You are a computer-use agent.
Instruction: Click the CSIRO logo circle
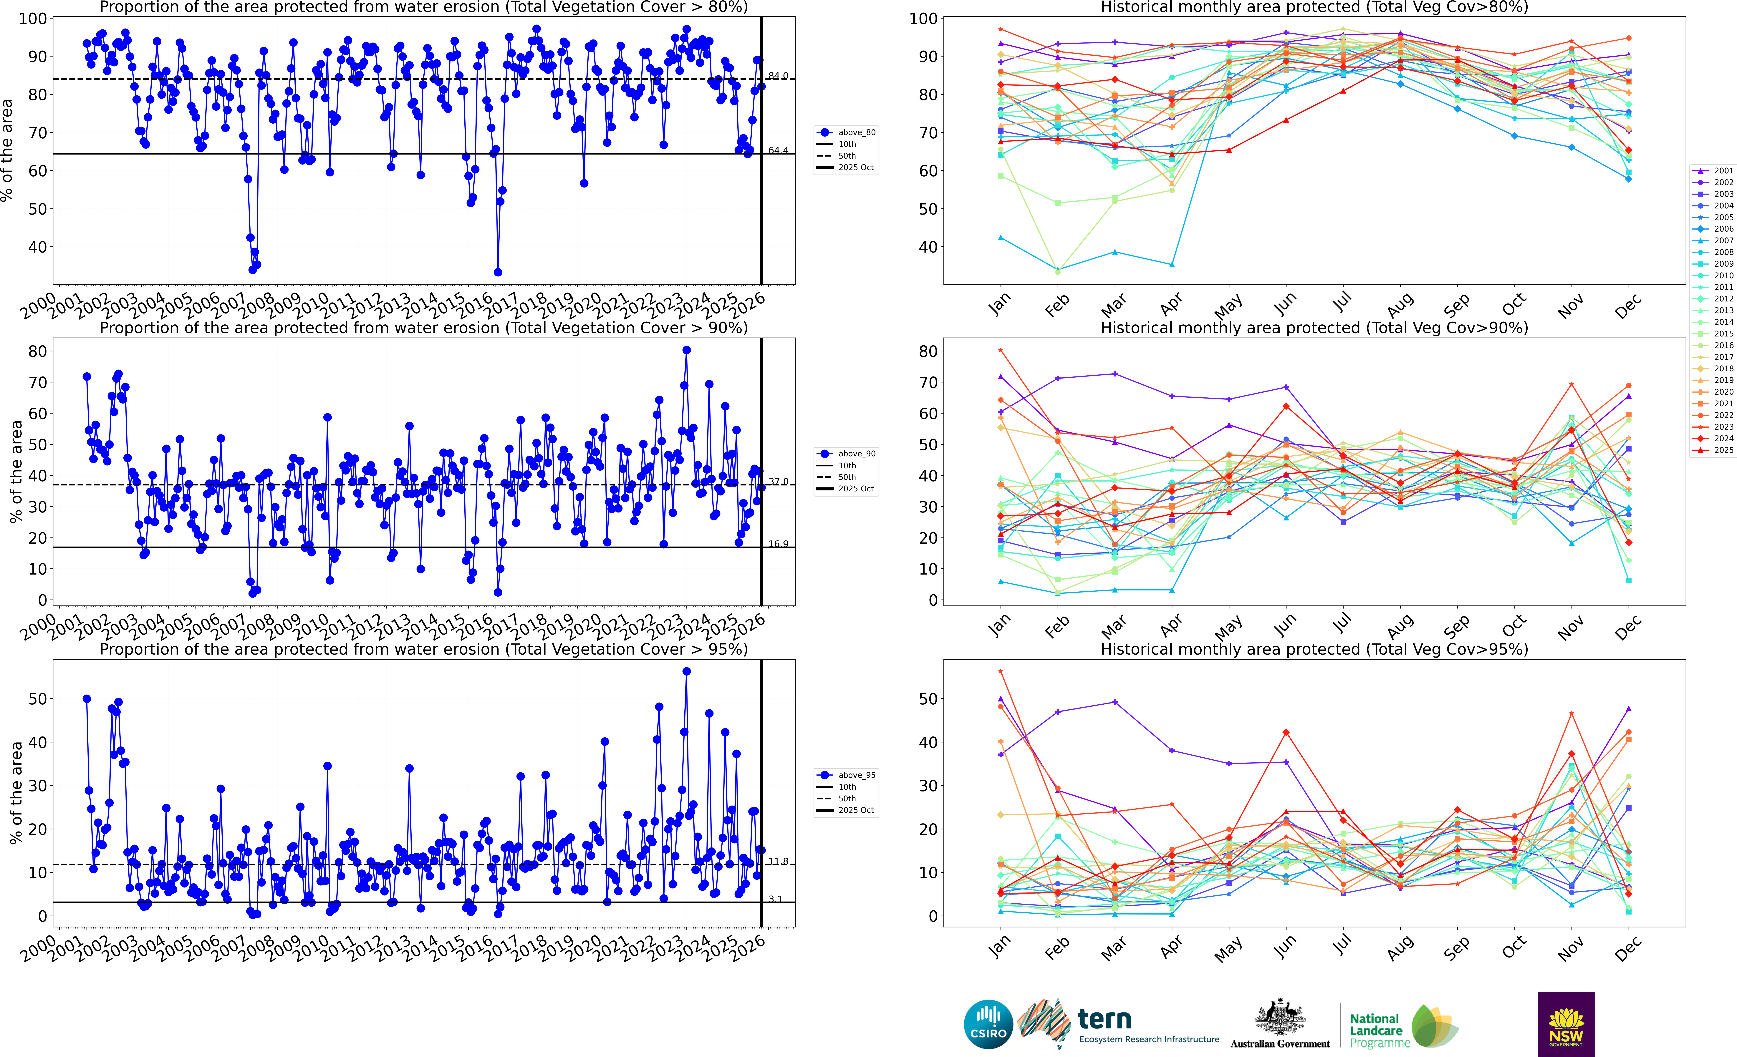(988, 1024)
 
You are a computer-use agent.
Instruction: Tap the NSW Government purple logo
(1566, 1024)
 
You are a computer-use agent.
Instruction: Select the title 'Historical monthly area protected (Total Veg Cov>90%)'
(1314, 328)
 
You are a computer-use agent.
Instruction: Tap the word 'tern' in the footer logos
(1105, 1019)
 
